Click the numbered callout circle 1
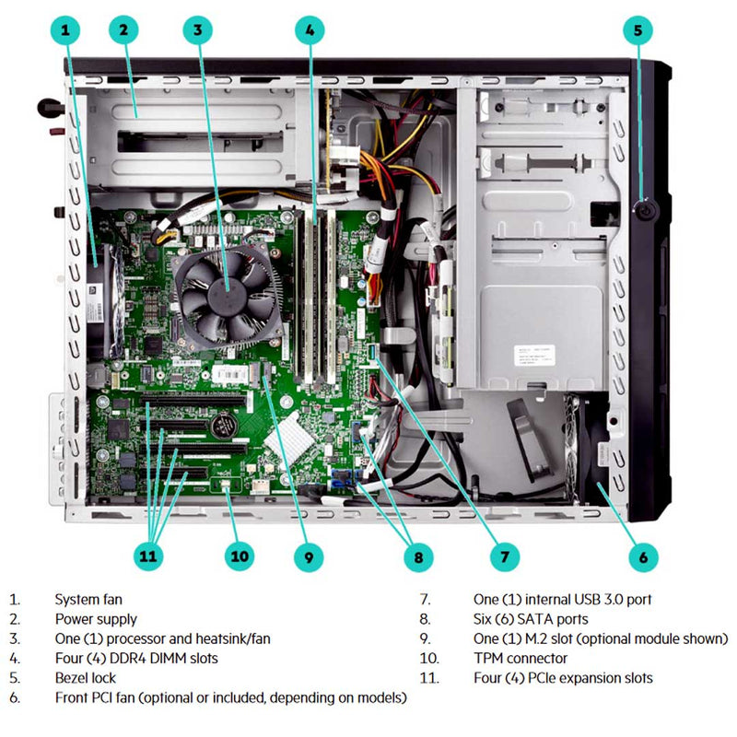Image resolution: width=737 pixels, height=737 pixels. [x=64, y=30]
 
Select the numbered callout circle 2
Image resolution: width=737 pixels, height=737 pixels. [x=123, y=30]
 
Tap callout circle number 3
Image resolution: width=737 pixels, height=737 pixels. [x=196, y=30]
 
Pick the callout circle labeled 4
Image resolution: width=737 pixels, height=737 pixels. [x=310, y=30]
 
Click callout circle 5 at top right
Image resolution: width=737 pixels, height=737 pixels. [x=638, y=30]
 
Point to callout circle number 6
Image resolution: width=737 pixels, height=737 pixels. [x=642, y=556]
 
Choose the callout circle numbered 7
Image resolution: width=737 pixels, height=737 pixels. [x=504, y=556]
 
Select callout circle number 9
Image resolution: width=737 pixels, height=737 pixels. [x=309, y=556]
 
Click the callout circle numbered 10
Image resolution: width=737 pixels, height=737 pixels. [x=240, y=556]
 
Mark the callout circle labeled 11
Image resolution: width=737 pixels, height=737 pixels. [x=148, y=556]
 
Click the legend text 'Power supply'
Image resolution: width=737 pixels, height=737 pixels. [x=96, y=619]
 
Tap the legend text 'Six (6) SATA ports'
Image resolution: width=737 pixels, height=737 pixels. [x=530, y=619]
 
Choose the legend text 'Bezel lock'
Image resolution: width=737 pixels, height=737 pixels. [x=86, y=678]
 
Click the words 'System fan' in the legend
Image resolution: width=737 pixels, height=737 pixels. [x=88, y=599]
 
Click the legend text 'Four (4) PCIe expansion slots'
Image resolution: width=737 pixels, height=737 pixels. [x=563, y=678]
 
